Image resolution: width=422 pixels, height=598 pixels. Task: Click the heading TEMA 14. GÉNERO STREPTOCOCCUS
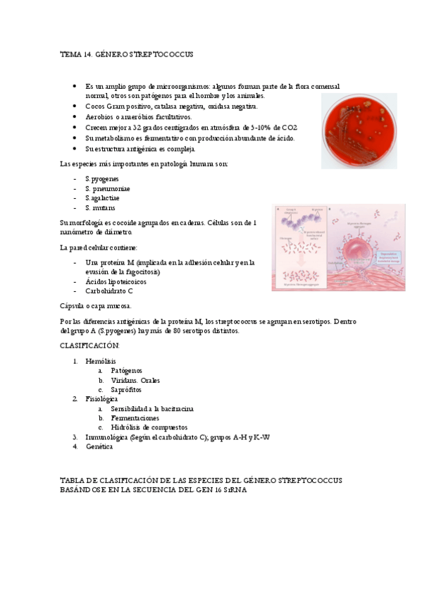click(x=127, y=54)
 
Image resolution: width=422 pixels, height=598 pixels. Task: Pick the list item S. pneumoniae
click(x=107, y=189)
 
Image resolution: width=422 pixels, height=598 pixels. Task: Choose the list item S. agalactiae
click(x=104, y=198)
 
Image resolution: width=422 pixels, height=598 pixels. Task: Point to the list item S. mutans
click(x=100, y=208)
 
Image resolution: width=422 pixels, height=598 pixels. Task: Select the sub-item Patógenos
click(x=126, y=370)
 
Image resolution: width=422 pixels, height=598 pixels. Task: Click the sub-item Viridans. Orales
click(x=135, y=380)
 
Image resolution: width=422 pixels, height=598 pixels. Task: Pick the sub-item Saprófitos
click(x=125, y=389)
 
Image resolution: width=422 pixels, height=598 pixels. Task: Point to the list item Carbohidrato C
click(x=108, y=291)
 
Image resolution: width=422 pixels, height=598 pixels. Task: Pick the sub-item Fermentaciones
click(x=135, y=418)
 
